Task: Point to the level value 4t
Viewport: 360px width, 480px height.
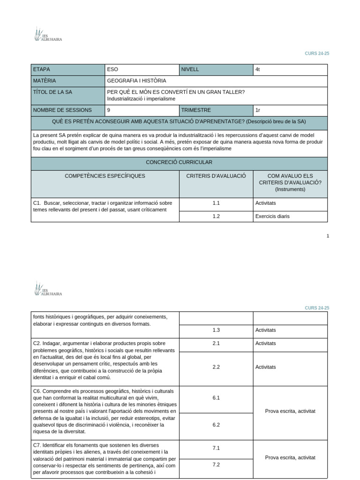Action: pos(258,69)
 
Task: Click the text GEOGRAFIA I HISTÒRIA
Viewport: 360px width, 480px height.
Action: pos(136,81)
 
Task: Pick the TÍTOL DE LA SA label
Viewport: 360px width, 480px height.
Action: pos(52,92)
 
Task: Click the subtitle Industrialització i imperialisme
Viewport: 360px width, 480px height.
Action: pos(141,99)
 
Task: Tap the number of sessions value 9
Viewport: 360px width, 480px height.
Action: pos(109,110)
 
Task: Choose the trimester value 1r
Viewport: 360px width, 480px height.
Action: pos(258,110)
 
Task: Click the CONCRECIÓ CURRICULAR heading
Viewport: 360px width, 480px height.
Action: pos(179,162)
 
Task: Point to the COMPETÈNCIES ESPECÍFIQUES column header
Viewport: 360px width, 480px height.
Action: pos(105,176)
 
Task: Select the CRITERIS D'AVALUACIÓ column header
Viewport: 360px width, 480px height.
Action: pos(216,176)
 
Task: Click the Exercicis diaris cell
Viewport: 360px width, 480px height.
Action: pos(272,217)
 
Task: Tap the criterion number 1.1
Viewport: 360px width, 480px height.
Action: pos(216,203)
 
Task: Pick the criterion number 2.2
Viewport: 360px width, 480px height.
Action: pos(216,367)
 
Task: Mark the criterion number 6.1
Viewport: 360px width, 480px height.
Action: pos(216,397)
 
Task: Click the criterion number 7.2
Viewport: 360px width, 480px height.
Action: pos(216,465)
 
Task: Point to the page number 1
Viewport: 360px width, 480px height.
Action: pos(328,236)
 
